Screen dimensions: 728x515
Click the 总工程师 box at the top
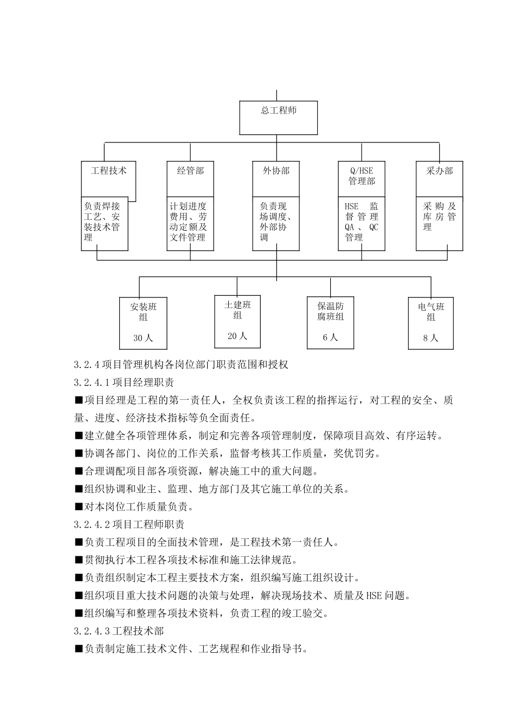tap(279, 117)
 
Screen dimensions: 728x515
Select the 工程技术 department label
tap(108, 171)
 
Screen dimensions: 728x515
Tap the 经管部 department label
tap(190, 171)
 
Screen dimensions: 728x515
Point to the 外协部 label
tap(276, 171)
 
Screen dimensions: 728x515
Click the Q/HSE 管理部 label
tap(362, 175)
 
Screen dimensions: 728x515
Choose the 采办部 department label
tap(439, 171)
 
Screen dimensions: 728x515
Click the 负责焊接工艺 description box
tap(104, 222)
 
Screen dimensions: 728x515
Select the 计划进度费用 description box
tap(190, 222)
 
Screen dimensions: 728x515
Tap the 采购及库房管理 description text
tap(439, 217)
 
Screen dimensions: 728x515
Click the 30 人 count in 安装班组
tap(143, 338)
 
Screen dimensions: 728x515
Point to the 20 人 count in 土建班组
tap(237, 336)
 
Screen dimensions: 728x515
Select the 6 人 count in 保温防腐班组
tap(330, 337)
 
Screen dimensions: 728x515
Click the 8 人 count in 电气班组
tap(430, 338)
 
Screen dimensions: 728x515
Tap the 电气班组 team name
tap(430, 311)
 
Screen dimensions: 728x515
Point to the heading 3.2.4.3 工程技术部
tap(119, 631)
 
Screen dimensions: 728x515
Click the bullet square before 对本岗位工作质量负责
tap(79, 508)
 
